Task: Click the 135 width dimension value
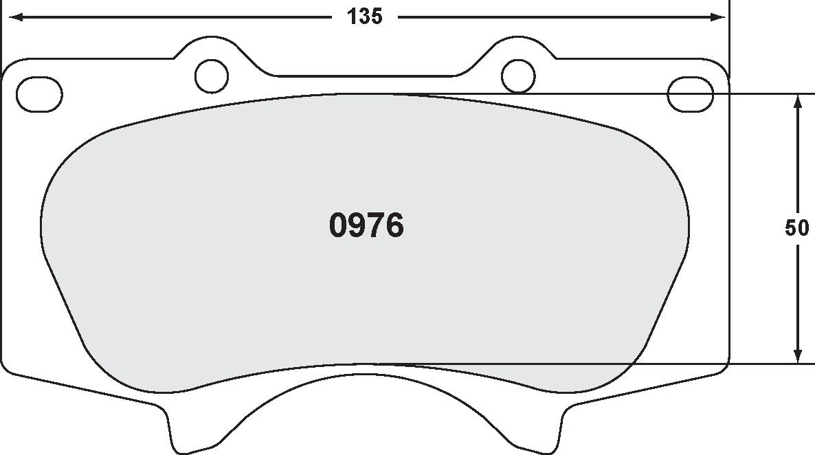click(x=364, y=17)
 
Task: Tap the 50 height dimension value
click(x=797, y=228)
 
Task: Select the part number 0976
click(x=366, y=225)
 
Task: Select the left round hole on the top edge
click(x=212, y=76)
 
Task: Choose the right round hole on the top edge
click(x=518, y=76)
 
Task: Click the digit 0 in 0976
click(x=339, y=225)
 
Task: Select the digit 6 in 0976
click(x=394, y=225)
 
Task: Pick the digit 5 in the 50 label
click(x=791, y=228)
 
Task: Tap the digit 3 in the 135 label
click(x=364, y=17)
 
